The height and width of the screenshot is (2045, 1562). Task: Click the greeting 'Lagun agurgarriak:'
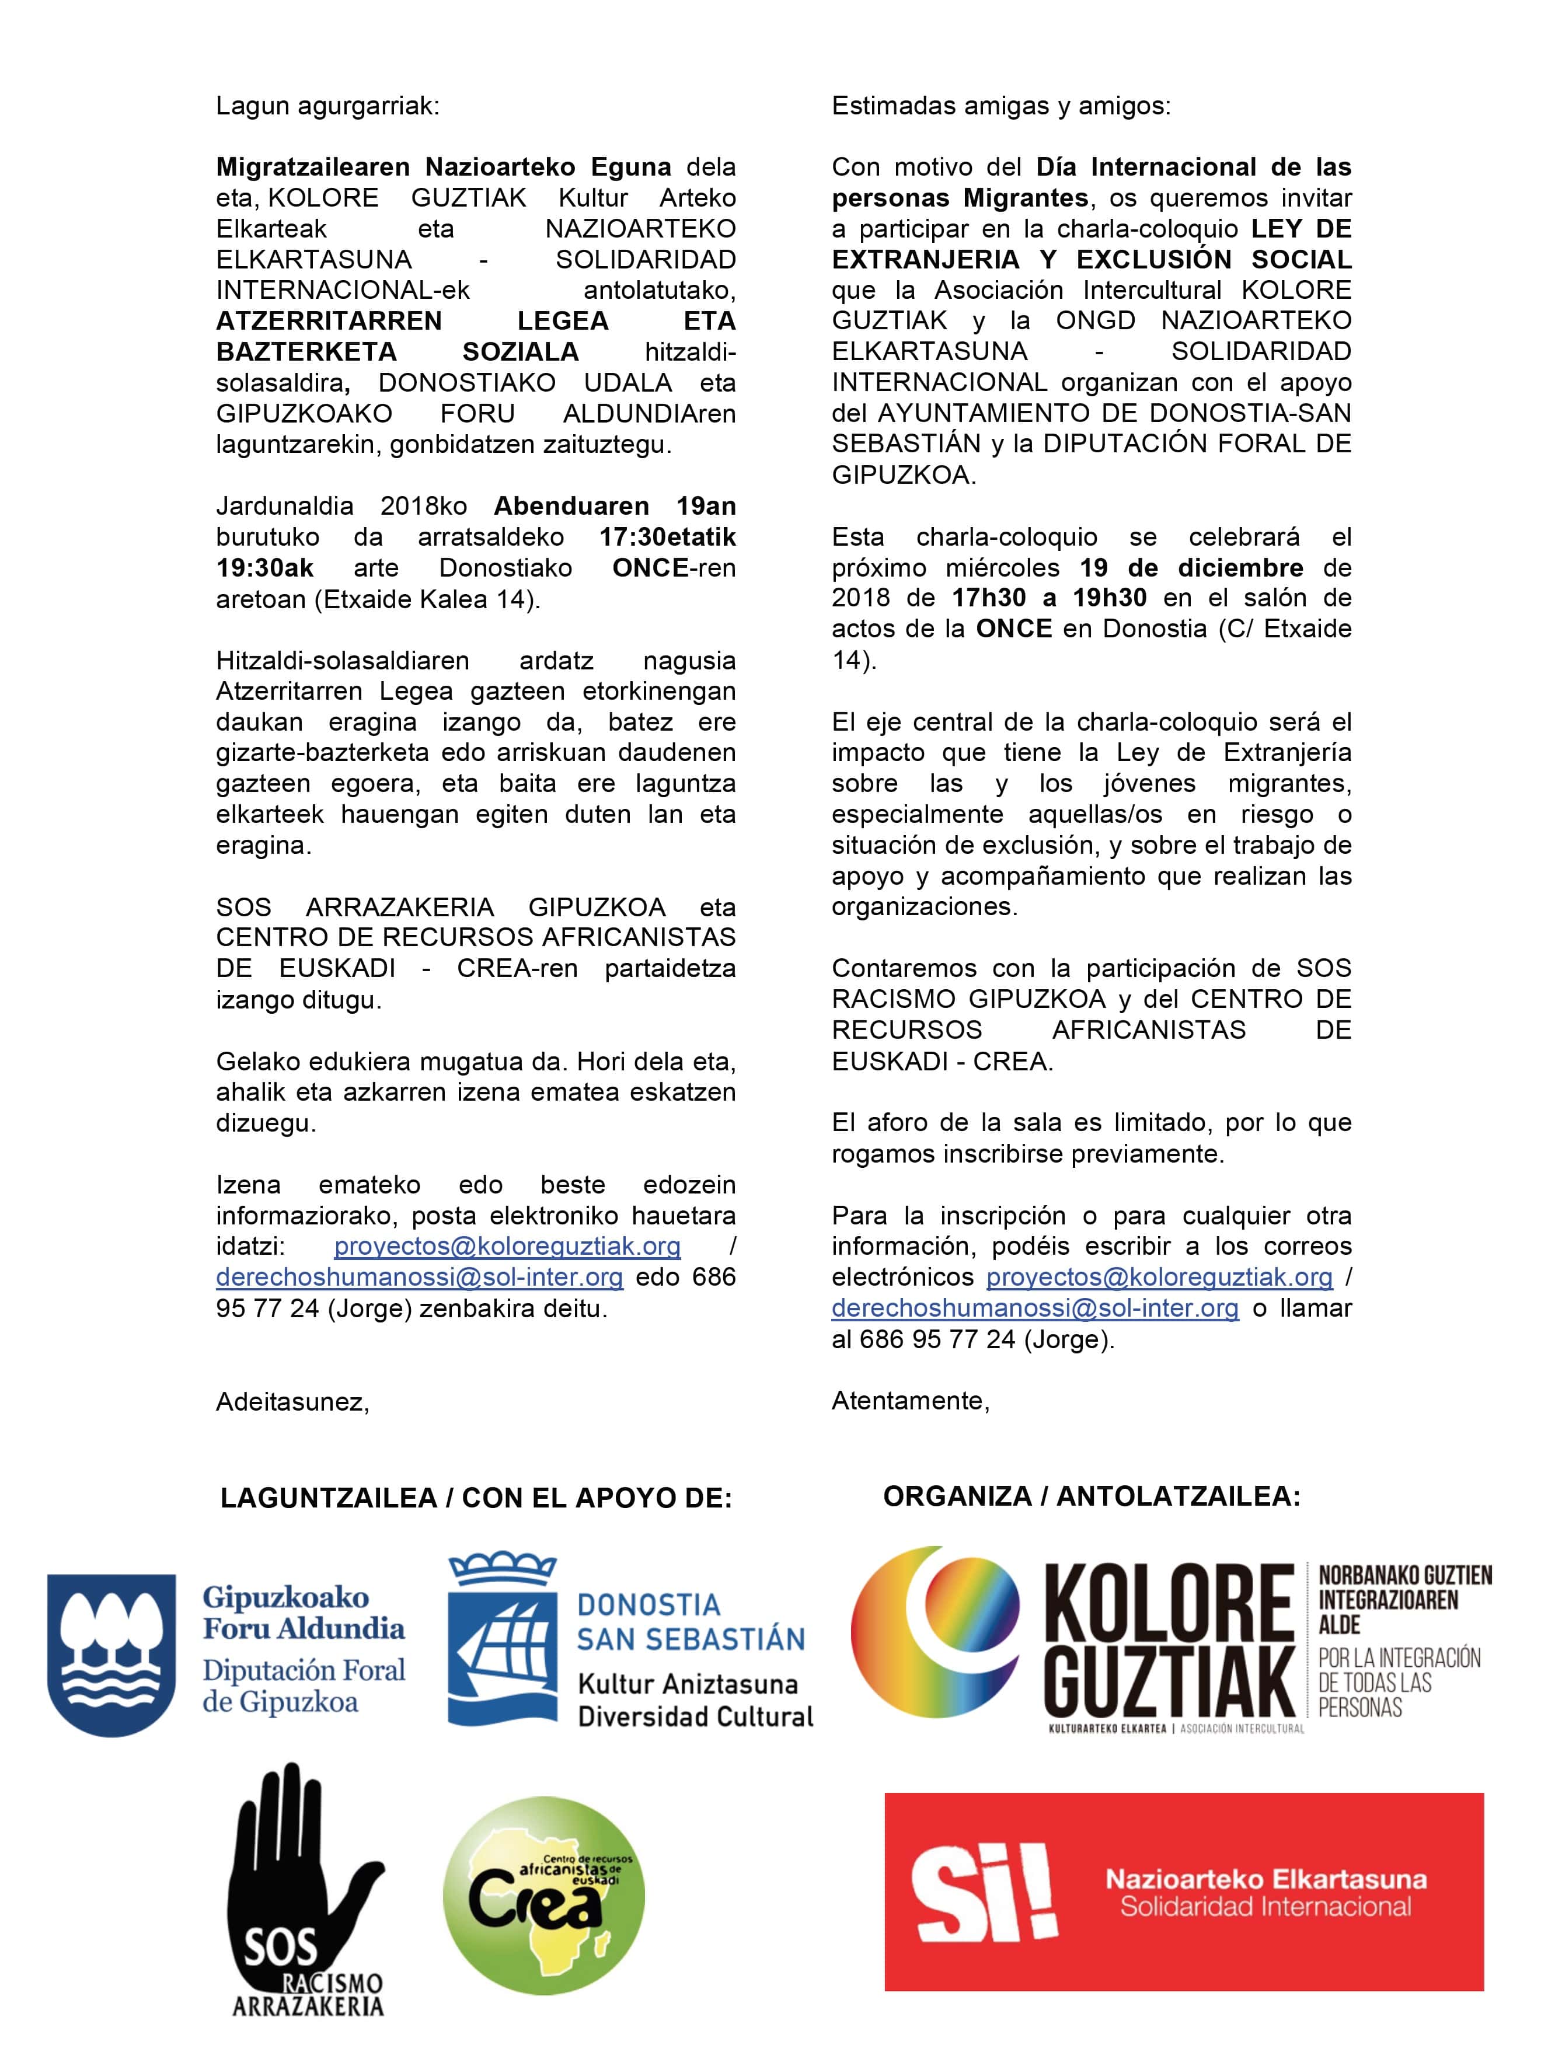(x=327, y=106)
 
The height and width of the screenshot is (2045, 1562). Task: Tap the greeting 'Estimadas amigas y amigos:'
(x=1002, y=106)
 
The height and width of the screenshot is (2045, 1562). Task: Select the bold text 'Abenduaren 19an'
(x=615, y=507)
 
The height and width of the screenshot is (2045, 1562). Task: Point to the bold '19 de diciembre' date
(x=1191, y=568)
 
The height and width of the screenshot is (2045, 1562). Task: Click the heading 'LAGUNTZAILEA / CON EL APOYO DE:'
(x=476, y=1498)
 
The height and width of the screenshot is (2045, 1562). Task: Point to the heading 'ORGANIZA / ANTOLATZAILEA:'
(x=1092, y=1496)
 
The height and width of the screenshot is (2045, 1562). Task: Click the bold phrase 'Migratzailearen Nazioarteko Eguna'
(x=444, y=167)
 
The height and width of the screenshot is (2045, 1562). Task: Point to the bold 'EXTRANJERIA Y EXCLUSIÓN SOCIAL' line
(x=1092, y=259)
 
